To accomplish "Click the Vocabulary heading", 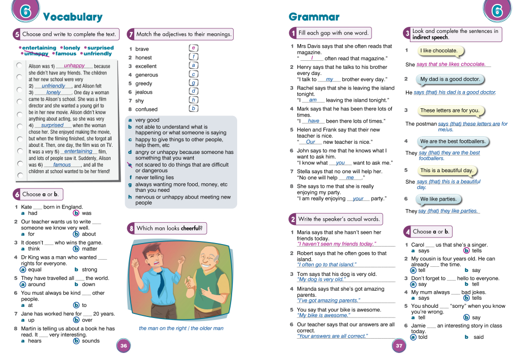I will point(72,17).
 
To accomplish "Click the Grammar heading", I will point(314,17).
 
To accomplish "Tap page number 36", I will point(123,346).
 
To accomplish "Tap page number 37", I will point(399,346).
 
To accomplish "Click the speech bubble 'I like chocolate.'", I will point(439,51).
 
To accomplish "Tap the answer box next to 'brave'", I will point(193,48).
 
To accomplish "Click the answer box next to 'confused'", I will point(193,108).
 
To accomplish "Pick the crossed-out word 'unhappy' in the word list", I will point(36,54).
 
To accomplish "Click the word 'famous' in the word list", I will point(66,54).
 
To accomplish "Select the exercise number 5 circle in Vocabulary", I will point(17,34).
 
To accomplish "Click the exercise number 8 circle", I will point(131,228).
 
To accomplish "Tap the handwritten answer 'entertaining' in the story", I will point(79,151).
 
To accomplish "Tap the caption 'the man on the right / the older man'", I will point(181,328).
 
